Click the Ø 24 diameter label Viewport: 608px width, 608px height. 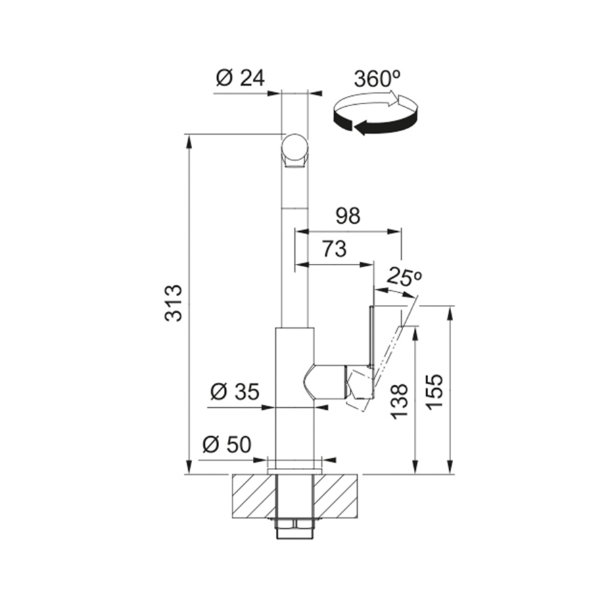[x=240, y=78]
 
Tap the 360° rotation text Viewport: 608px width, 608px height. [x=377, y=78]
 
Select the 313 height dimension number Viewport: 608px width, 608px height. [x=173, y=303]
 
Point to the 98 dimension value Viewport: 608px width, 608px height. [x=348, y=216]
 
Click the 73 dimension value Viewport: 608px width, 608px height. [x=334, y=249]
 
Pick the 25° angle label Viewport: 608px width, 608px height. [x=404, y=276]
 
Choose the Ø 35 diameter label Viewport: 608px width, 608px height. [x=235, y=392]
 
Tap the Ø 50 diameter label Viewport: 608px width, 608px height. [x=227, y=444]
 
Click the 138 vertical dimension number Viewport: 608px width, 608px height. [x=400, y=402]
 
